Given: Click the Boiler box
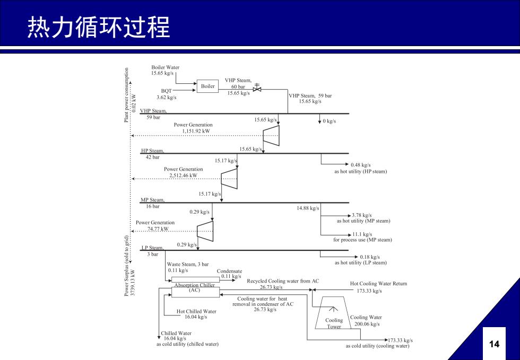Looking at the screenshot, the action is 207,86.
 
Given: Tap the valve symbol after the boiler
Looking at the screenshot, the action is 257,89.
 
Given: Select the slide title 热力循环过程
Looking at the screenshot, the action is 99,27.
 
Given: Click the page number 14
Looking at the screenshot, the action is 494,344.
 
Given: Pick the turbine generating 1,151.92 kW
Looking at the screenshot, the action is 271,136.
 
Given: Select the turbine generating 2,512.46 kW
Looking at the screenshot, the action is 229,179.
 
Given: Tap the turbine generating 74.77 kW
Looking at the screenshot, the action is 205,231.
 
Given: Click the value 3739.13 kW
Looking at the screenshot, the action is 133,283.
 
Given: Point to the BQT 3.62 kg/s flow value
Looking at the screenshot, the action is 167,98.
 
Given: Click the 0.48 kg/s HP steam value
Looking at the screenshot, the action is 361,165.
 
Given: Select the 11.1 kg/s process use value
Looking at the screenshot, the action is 362,234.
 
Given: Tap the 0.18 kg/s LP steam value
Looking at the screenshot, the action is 370,257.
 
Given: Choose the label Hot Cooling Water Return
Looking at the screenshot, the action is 378,284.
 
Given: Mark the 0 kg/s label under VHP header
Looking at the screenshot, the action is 330,121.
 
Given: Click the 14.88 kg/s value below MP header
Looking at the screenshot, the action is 308,208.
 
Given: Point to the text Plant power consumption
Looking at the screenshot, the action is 126,95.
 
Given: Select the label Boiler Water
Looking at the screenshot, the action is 166,67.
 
